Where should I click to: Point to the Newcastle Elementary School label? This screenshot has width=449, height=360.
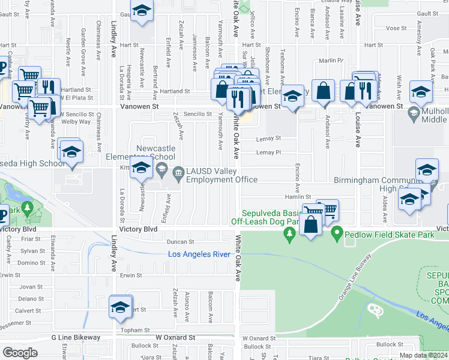[x=155, y=152]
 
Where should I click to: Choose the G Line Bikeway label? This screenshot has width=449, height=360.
[x=76, y=337]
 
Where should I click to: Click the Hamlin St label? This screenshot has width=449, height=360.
[x=298, y=197]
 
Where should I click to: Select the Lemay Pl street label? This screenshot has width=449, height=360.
[x=268, y=152]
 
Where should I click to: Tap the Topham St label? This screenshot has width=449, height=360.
[x=135, y=330]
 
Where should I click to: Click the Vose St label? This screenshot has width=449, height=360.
[x=397, y=28]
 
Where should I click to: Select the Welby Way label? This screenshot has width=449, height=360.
[x=76, y=121]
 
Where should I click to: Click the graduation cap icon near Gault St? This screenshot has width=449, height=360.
[x=142, y=12]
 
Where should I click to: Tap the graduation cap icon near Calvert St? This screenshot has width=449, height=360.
[x=120, y=307]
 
